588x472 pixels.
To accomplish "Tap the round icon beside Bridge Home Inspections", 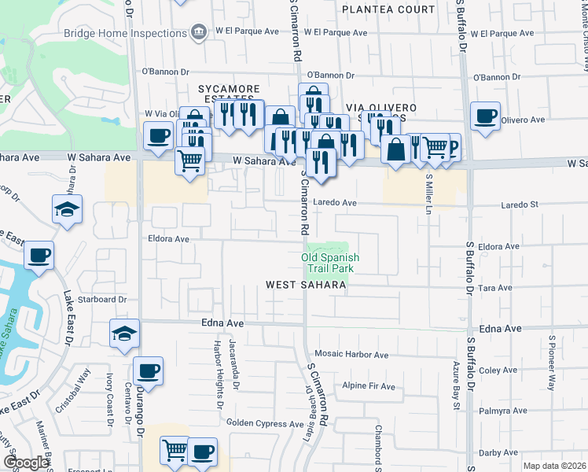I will [199, 31].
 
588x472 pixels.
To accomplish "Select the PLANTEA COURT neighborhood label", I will [388, 9].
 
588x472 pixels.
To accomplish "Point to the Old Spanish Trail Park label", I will [330, 263].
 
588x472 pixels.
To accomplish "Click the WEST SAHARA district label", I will [306, 285].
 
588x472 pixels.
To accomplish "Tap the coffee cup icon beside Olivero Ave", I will [485, 116].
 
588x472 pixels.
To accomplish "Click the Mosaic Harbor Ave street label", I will [351, 355].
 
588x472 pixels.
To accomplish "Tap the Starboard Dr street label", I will [101, 299].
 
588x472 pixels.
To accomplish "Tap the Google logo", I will [26, 463].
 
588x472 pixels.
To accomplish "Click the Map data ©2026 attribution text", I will [555, 466].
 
